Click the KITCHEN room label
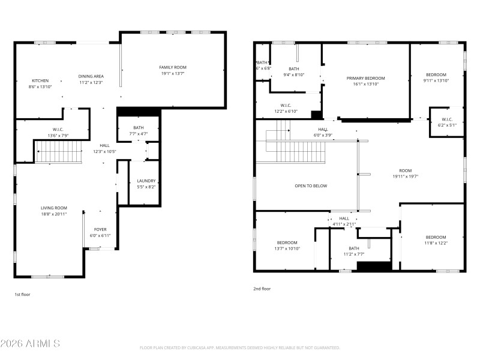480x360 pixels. [x=40, y=80]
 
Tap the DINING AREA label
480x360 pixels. [x=91, y=76]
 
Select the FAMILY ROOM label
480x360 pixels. [x=173, y=67]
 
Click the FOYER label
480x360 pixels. [x=100, y=229]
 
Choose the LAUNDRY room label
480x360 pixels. [x=146, y=181]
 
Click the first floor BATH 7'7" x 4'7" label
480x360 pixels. [x=139, y=127]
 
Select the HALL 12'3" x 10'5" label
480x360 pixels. [x=104, y=145]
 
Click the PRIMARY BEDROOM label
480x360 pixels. [x=365, y=78]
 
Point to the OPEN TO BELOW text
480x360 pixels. [x=311, y=185]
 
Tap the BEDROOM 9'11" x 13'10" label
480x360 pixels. [x=436, y=74]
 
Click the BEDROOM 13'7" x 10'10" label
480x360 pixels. [x=287, y=242]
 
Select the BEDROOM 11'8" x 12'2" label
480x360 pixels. [x=436, y=237]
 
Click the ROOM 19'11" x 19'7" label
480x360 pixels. [x=405, y=170]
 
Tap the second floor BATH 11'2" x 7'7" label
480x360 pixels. [x=354, y=248]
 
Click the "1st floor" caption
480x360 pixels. [x=22, y=295]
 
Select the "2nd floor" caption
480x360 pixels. [x=262, y=289]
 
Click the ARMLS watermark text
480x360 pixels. [x=30, y=344]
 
